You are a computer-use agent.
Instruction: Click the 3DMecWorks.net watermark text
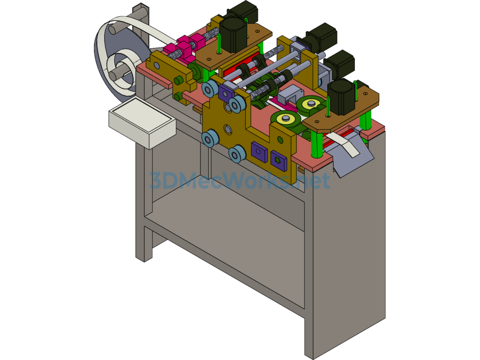[240, 180]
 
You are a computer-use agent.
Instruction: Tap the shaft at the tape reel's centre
[118, 73]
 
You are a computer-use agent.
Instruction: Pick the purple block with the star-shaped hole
[279, 160]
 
